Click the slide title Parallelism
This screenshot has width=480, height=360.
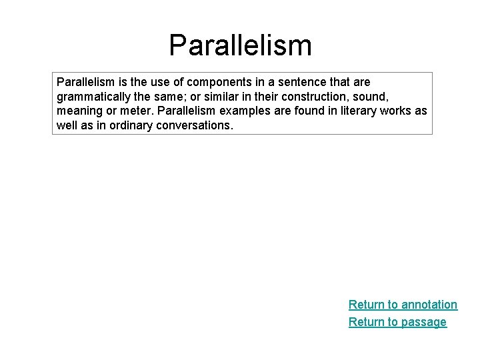click(240, 45)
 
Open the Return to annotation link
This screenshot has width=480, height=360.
click(403, 305)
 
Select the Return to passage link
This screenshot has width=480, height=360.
click(397, 322)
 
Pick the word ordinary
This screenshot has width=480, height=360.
click(127, 125)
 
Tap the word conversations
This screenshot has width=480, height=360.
click(195, 125)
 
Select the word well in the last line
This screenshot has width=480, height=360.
click(67, 125)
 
